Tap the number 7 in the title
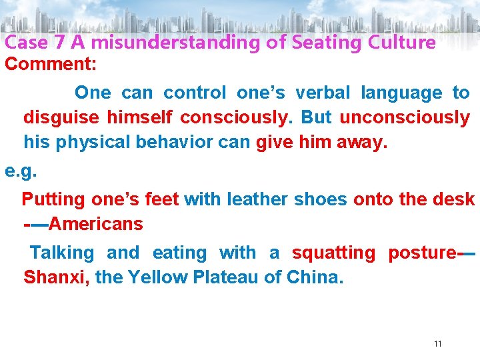[x=59, y=43]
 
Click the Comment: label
[x=51, y=65]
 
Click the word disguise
[x=62, y=118]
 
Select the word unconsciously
[x=405, y=118]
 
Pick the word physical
[x=91, y=143]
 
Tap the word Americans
[x=96, y=224]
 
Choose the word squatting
[x=334, y=253]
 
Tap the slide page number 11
[x=438, y=344]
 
